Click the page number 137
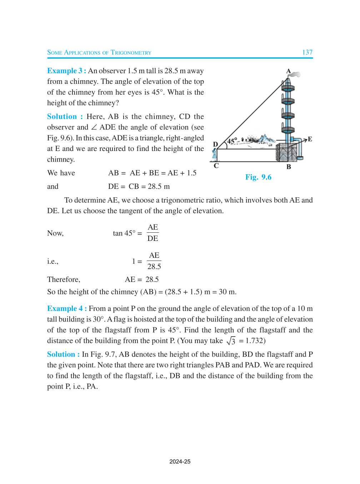click(x=307, y=52)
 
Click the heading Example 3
click(x=66, y=71)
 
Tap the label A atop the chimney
click(x=289, y=71)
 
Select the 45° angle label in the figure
click(x=232, y=141)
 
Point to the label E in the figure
click(x=310, y=139)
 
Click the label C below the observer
click(x=216, y=166)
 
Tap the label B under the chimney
click(x=289, y=167)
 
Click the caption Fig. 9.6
click(x=258, y=177)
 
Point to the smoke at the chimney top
click(x=295, y=74)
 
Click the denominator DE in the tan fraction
click(x=152, y=238)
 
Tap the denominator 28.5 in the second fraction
click(x=154, y=267)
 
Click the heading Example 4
click(x=67, y=309)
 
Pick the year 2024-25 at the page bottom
click(x=180, y=462)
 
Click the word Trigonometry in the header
click(x=131, y=53)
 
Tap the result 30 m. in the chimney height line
click(x=227, y=292)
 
